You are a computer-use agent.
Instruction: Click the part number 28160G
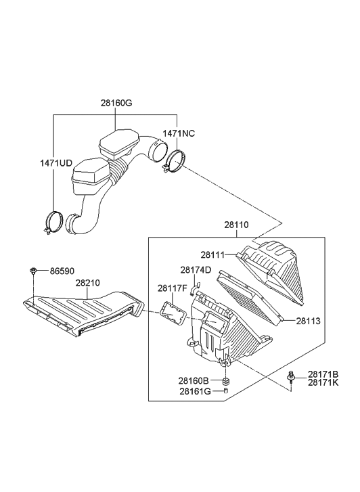pyautogui.click(x=116, y=104)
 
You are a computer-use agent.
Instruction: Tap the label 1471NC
pyautogui.click(x=179, y=134)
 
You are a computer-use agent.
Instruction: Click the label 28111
pyautogui.click(x=212, y=254)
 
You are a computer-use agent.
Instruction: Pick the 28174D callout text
pyautogui.click(x=196, y=270)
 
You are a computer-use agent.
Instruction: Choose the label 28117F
pyautogui.click(x=172, y=288)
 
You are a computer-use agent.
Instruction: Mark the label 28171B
pyautogui.click(x=323, y=374)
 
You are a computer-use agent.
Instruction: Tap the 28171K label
pyautogui.click(x=323, y=383)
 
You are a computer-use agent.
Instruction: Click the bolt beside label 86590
pyautogui.click(x=33, y=271)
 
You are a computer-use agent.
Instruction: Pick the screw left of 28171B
pyautogui.click(x=291, y=377)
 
